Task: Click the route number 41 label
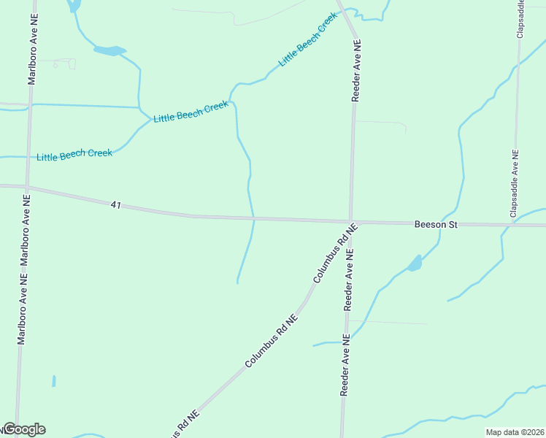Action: [x=116, y=206]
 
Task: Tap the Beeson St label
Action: [x=436, y=225]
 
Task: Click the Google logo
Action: [x=24, y=429]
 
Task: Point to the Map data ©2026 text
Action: [x=515, y=432]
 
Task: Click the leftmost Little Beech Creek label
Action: [x=74, y=155]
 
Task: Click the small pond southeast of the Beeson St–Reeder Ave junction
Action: [x=415, y=264]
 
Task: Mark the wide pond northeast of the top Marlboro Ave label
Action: [x=109, y=50]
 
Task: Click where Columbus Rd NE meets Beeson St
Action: [x=351, y=221]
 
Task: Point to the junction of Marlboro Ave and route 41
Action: [x=27, y=188]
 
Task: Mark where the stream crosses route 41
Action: [x=254, y=218]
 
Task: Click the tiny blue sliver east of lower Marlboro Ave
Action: [x=53, y=381]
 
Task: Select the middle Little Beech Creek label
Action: [x=191, y=112]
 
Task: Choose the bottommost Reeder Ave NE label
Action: [x=344, y=365]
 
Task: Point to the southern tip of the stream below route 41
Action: [x=237, y=282]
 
